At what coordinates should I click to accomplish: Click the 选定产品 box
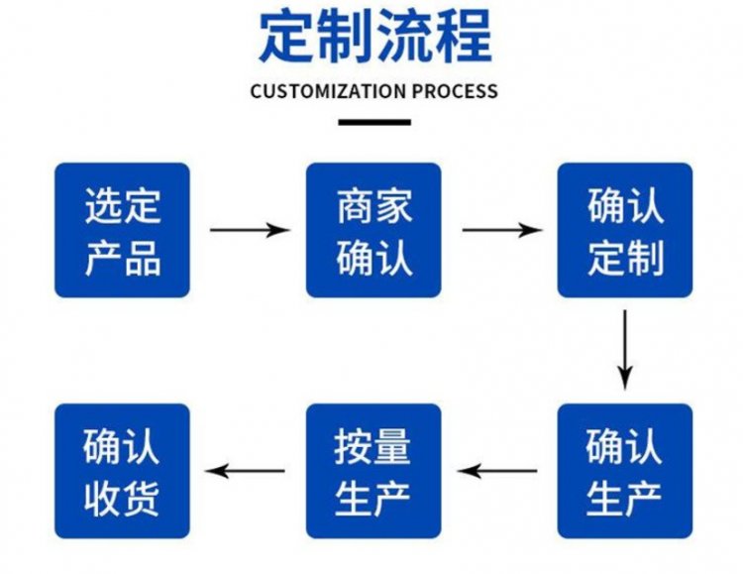point(122,230)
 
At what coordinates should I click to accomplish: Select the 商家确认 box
point(373,230)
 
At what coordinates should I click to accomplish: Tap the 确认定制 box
point(624,230)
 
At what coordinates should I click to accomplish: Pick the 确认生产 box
point(624,471)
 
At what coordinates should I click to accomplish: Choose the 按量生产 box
point(373,471)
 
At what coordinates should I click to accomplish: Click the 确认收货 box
point(122,471)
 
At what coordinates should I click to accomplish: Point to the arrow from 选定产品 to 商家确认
point(250,230)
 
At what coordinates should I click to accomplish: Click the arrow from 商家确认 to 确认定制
point(501,230)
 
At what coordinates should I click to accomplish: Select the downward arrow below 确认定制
point(624,349)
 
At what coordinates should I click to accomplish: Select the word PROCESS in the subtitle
point(455,91)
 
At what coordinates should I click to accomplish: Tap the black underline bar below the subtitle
point(373,122)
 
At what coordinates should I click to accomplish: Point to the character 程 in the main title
point(462,37)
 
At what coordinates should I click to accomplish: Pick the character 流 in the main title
point(404,37)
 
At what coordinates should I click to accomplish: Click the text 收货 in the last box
point(122,496)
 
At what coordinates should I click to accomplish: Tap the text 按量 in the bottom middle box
point(373,447)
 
